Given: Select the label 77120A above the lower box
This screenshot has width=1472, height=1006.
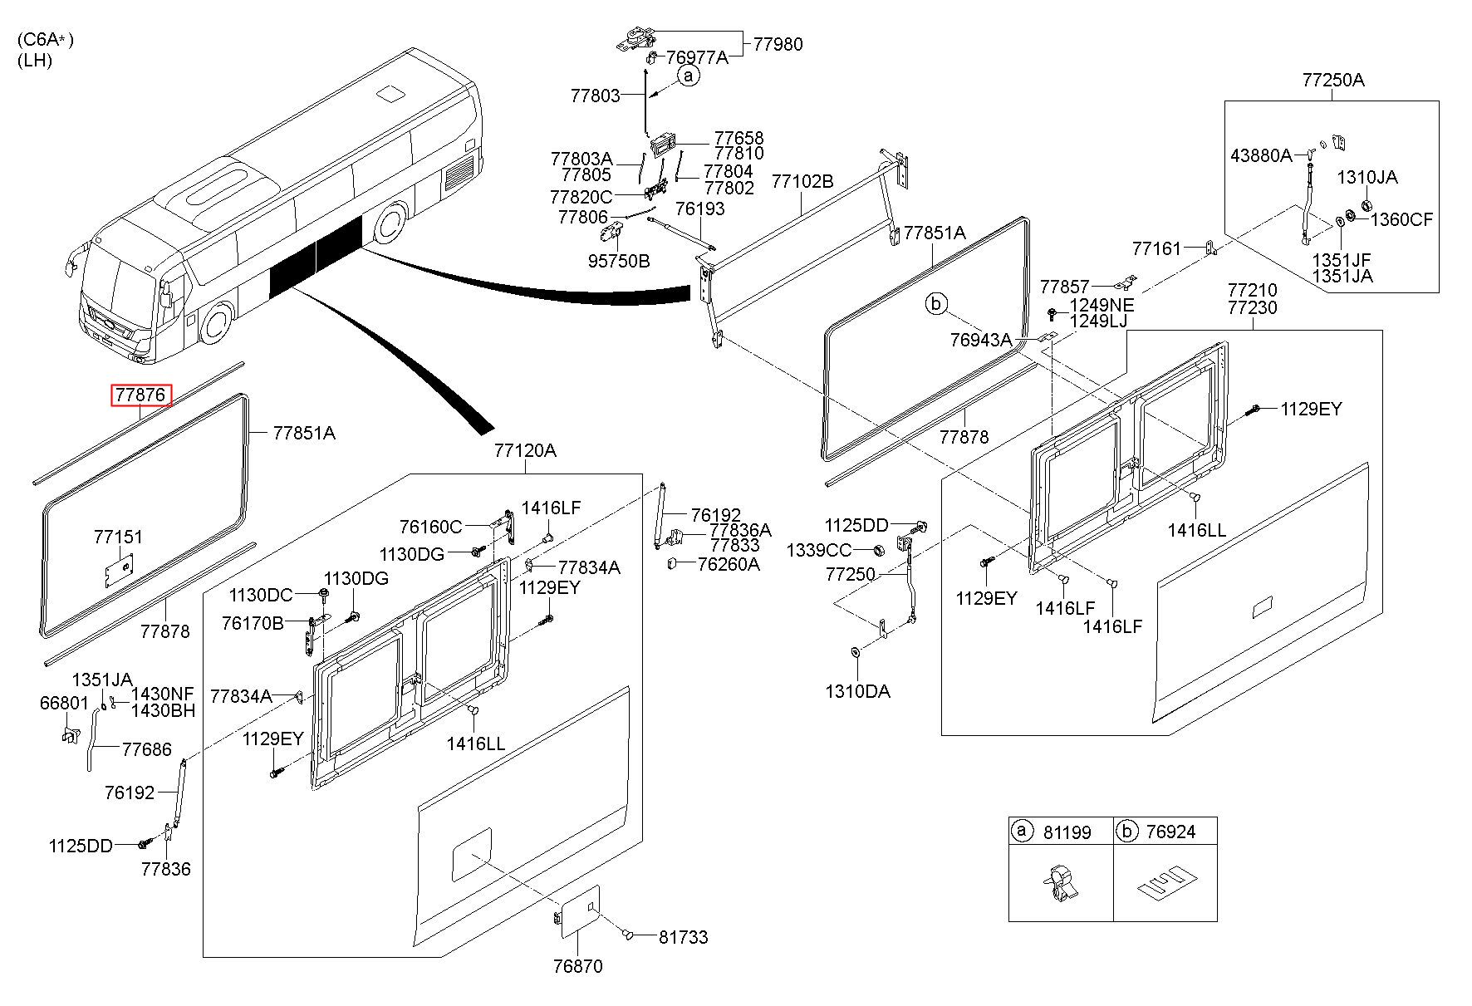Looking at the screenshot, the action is point(525,451).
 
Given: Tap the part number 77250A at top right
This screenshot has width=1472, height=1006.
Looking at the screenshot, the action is point(1333,81).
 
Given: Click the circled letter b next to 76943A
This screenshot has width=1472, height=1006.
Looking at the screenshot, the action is point(936,305).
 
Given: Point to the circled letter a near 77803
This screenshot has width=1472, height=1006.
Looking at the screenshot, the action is point(689,76).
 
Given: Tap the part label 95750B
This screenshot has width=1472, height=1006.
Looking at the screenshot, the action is point(619,261).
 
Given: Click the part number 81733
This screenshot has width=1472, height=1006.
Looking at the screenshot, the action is point(683,937).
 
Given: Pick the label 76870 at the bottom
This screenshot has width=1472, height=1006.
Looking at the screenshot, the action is point(577,966).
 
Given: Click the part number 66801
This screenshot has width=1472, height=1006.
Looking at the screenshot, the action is point(64,703).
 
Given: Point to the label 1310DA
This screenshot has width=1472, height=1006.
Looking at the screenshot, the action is point(857,691).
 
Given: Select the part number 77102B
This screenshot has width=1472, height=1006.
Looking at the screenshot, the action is point(802,181).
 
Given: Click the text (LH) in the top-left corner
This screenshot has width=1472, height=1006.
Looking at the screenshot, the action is point(34,60).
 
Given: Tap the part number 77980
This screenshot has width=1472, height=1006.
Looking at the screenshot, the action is point(778,45).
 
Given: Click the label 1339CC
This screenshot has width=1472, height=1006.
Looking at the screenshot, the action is point(819,550).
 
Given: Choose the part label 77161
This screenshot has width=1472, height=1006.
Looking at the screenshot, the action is point(1156,248).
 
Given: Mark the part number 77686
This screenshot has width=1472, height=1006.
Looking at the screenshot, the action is point(146,749).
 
